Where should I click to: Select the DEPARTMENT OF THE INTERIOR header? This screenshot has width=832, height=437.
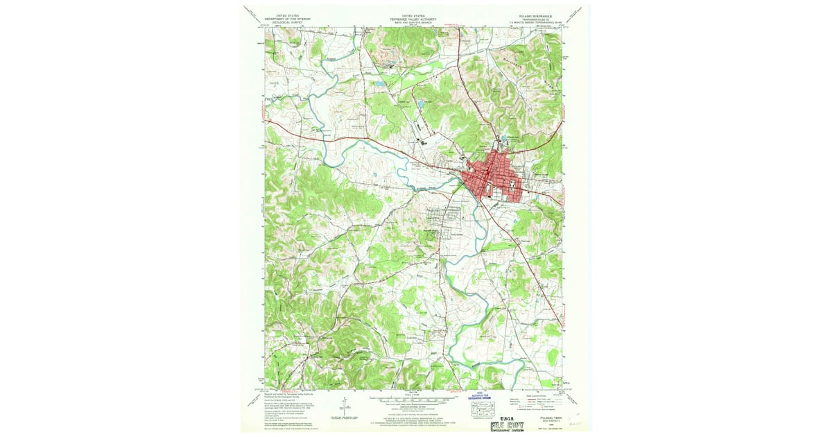291,18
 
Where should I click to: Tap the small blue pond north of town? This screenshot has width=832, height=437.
420,105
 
